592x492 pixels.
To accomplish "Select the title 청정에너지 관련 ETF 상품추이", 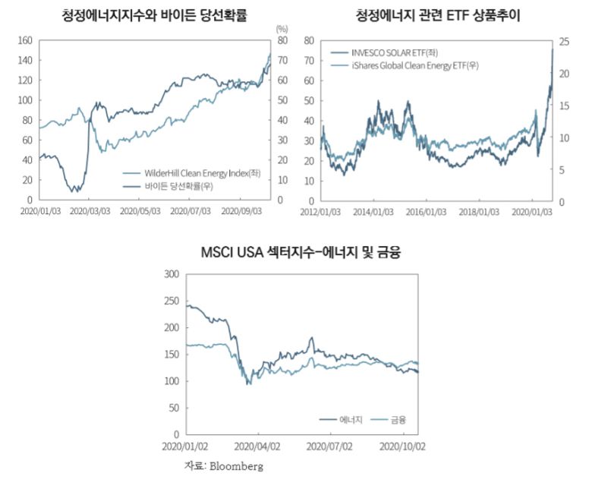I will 442,15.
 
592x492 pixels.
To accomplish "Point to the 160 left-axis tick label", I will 24,40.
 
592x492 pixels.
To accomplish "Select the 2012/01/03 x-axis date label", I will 323,212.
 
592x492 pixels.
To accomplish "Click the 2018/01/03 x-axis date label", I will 480,212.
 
